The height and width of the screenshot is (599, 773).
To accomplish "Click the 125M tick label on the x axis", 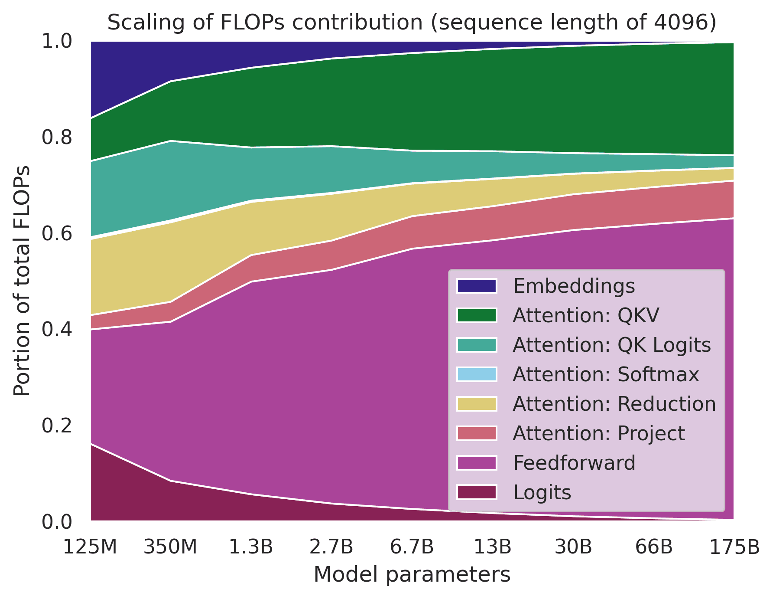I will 91,548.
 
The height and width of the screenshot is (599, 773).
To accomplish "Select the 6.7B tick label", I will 412,548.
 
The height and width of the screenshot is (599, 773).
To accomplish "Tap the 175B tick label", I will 734,548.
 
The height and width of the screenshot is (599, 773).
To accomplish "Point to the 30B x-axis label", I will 573,548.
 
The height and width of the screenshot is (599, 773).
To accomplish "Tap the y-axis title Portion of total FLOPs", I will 22,281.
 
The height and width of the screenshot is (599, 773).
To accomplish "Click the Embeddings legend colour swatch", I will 477,286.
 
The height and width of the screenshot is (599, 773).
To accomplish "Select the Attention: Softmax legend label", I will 606,374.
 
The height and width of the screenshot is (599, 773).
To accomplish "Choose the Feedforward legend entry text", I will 574,463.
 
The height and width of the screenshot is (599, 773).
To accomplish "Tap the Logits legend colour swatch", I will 477,492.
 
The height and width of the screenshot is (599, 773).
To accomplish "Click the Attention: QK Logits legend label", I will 611,345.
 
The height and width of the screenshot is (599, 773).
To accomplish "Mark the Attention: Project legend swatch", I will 477,433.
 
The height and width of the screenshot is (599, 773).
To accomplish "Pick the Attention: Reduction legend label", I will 614,404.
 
